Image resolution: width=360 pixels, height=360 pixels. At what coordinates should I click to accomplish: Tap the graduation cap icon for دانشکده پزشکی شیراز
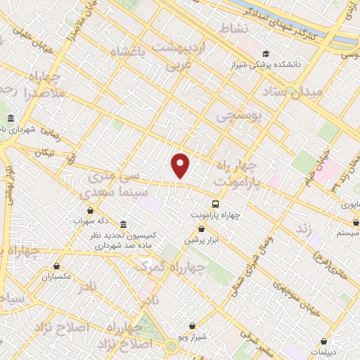tap(266, 53)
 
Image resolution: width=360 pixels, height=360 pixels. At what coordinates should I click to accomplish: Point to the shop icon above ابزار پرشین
tap(202, 229)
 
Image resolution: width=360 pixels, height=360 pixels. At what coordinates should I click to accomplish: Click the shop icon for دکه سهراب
tap(90, 210)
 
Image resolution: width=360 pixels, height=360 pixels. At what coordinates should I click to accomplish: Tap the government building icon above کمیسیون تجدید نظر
tap(124, 224)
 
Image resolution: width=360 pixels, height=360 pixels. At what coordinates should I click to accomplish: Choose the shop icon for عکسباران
tap(57, 266)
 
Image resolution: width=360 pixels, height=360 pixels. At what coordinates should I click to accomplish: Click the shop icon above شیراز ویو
tap(193, 326)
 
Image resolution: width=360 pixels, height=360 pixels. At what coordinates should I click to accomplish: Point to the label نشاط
tap(234, 29)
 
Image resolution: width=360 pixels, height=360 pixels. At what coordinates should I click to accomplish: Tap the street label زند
tap(303, 229)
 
